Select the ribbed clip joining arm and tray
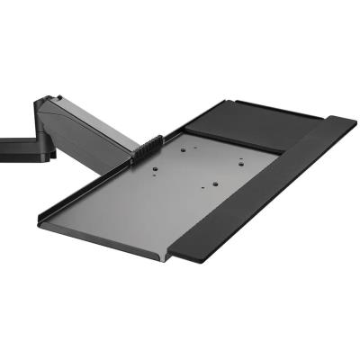coord(147,149)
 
